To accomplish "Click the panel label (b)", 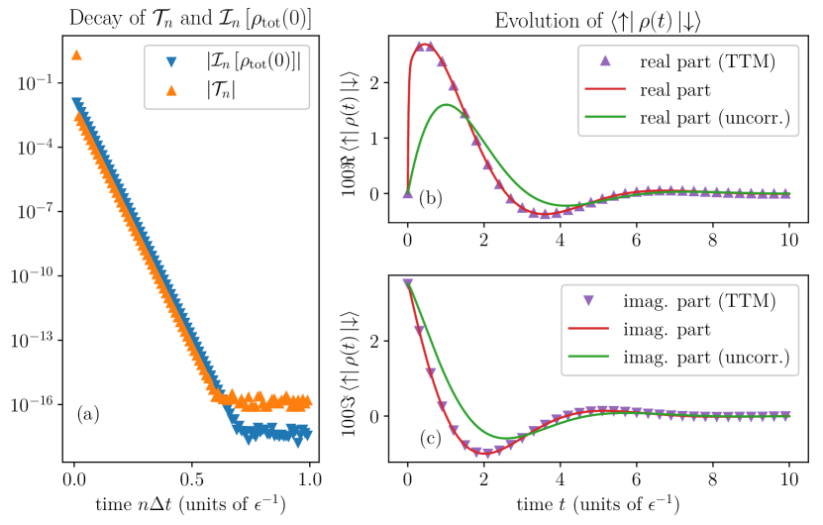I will tap(431, 198).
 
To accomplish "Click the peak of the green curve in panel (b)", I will tap(447, 104).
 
